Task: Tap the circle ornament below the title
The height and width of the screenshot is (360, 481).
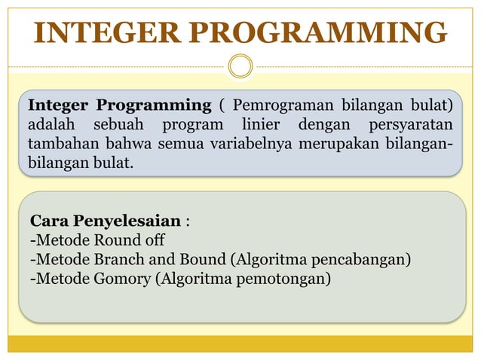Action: point(240,66)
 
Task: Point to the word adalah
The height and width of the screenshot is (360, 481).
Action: point(54,124)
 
